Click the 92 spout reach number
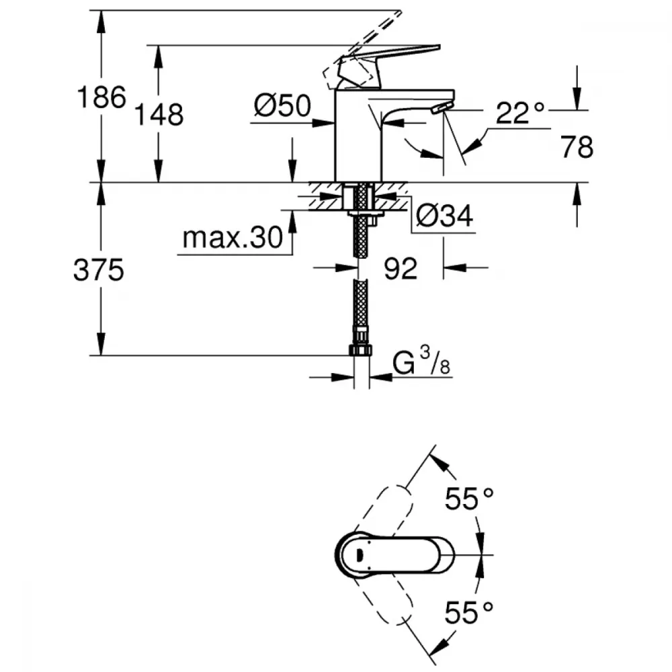(401, 269)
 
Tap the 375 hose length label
(99, 271)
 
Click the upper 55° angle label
(469, 499)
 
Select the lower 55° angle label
(469, 612)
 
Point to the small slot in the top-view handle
(358, 555)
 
